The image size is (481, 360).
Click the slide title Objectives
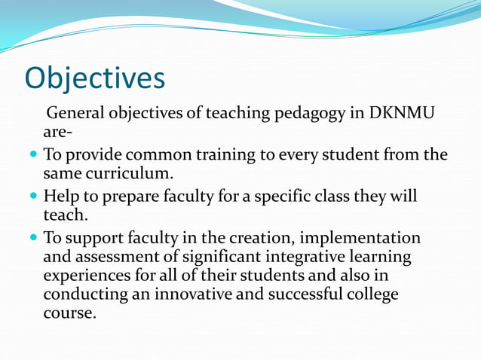[x=94, y=78]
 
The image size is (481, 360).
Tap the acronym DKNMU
[x=405, y=114]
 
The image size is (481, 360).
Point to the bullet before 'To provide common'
[x=32, y=156]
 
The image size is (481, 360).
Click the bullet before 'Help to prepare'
[x=32, y=197]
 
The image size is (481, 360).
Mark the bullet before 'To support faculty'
[x=32, y=238]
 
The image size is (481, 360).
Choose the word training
[x=213, y=156]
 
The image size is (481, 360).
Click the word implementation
[x=362, y=238]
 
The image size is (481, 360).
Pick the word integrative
[x=301, y=258]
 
